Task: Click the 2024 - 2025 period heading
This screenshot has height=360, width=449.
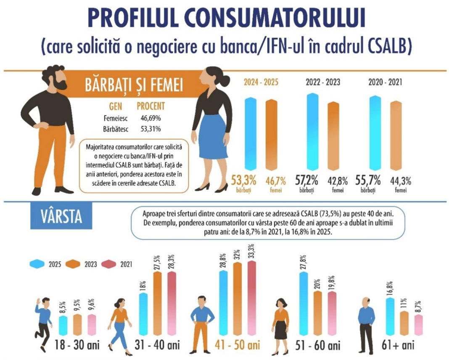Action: (261, 82)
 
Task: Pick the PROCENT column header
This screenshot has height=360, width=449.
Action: (151, 106)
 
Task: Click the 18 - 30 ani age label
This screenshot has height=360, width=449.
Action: (77, 346)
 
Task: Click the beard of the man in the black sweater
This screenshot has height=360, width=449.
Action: (61, 85)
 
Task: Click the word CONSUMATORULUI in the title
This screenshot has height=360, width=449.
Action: (275, 19)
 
